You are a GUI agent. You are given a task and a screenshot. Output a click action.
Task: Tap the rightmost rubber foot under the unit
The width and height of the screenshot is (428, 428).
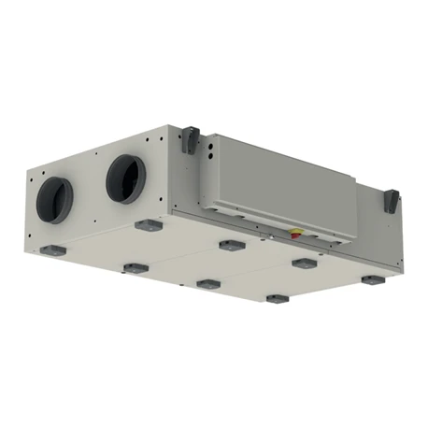coord(373,279)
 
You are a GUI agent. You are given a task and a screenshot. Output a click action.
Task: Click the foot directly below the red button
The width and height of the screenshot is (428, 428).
coord(302,264)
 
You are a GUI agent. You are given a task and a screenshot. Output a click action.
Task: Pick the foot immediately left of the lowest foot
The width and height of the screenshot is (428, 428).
coord(207,282)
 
